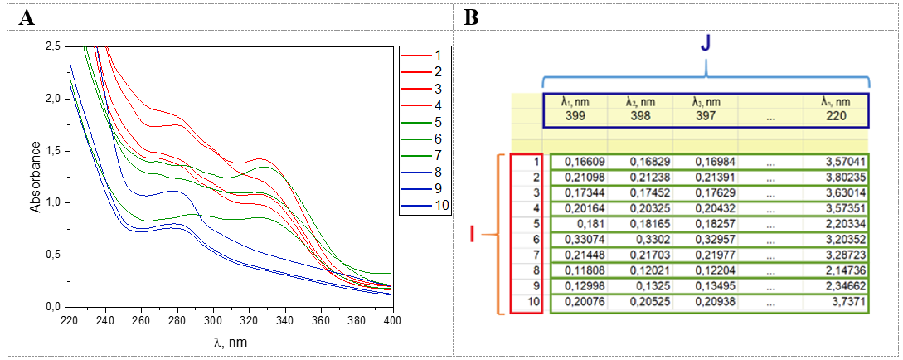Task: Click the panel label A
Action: point(26,17)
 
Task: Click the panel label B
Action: point(470,17)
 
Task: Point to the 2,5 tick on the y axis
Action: point(51,46)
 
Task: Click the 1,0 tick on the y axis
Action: point(51,202)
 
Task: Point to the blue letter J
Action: point(705,45)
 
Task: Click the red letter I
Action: point(472,236)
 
